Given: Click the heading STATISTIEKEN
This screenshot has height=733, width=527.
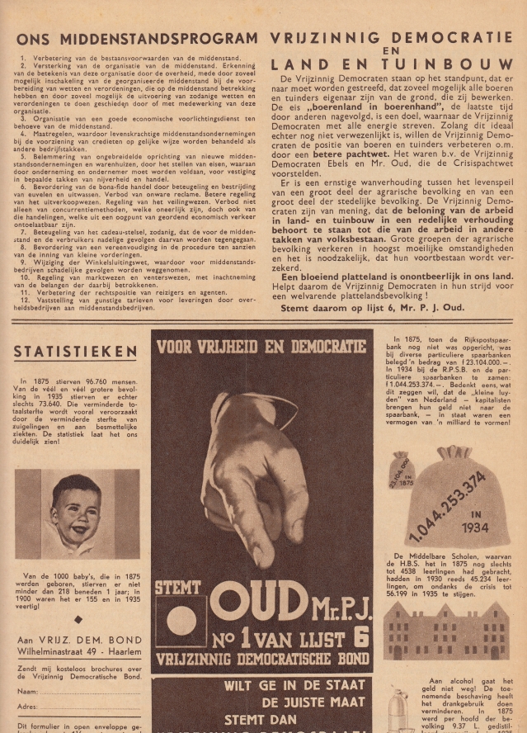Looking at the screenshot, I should tap(76, 352).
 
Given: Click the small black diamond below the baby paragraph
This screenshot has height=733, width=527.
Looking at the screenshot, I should tap(78, 619).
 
